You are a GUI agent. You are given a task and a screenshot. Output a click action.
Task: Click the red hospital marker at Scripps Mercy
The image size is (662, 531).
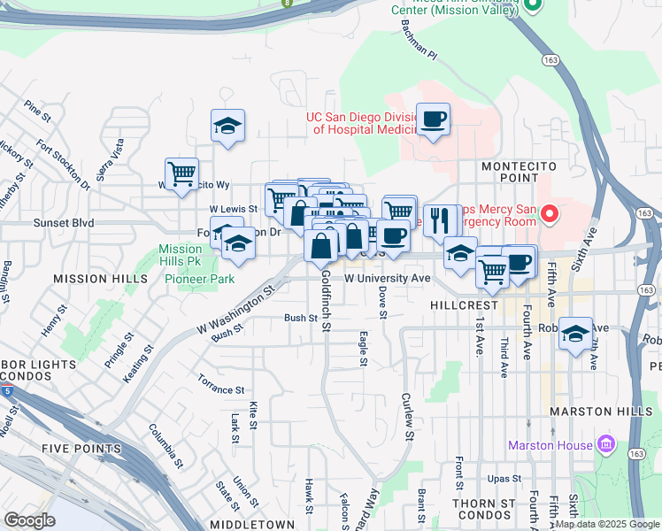tap(550, 213)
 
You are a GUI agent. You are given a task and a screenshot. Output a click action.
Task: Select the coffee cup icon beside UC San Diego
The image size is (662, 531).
tap(433, 119)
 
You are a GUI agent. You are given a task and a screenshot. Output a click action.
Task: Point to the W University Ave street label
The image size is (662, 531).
tap(387, 278)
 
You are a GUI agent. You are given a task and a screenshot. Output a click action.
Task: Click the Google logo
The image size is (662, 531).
tap(28, 519)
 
